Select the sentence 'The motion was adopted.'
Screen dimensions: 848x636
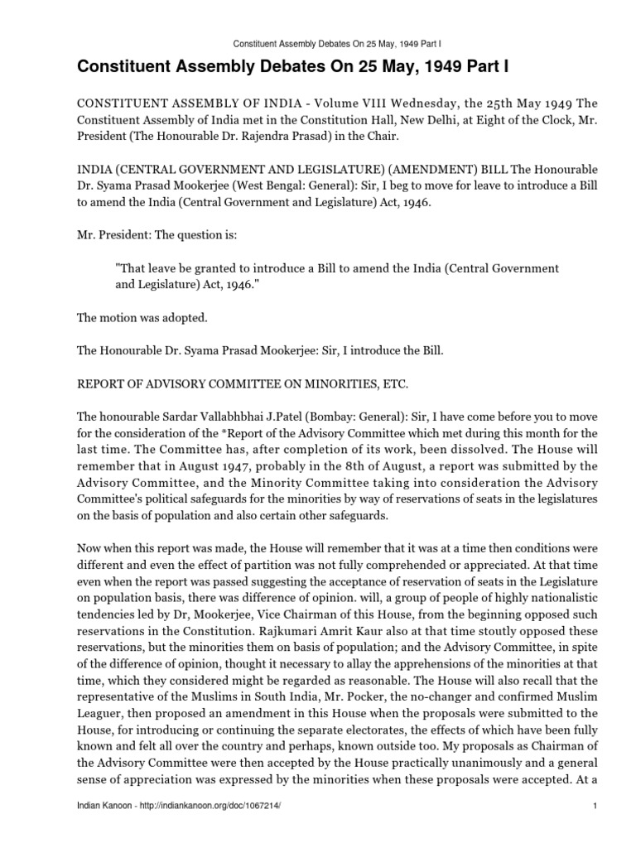pyautogui.click(x=132, y=318)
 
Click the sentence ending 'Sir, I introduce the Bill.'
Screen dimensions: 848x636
pyautogui.click(x=260, y=351)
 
